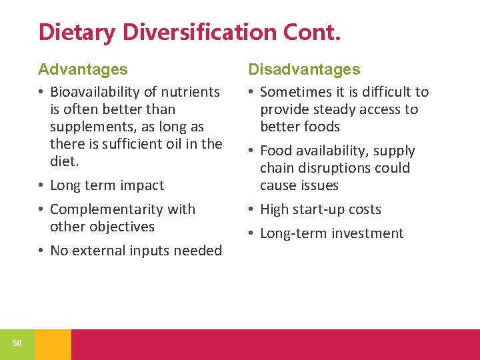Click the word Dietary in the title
point(75,31)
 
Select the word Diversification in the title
point(199,31)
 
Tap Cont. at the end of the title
point(315,31)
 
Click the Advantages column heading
point(83,69)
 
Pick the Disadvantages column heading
point(304,69)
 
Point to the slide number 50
point(17,343)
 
